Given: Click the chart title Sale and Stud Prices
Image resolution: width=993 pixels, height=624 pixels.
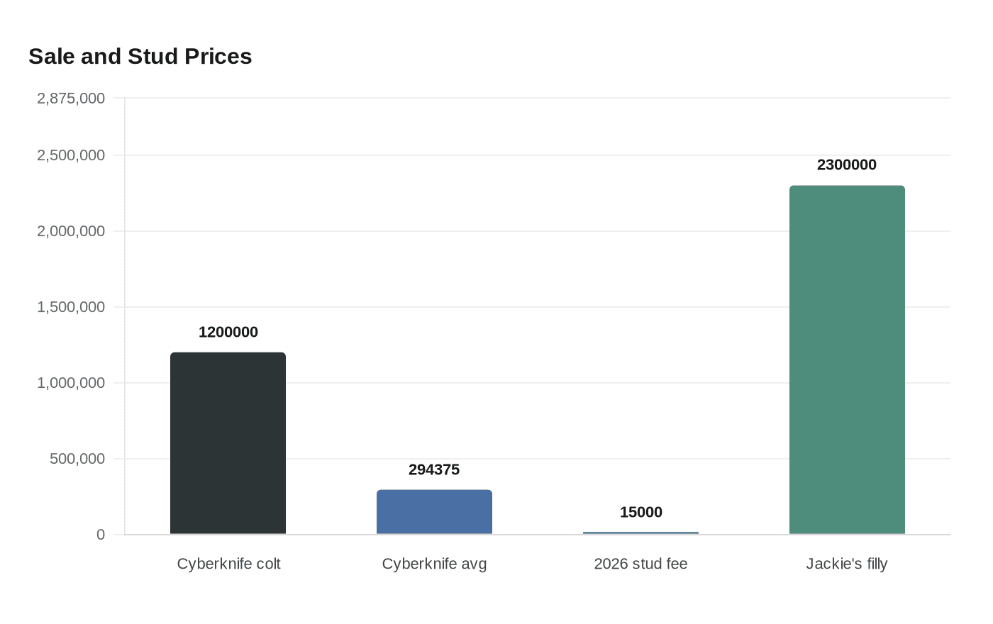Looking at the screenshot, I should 140,57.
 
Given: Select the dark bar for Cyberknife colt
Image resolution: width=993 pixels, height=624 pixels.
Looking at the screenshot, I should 228,443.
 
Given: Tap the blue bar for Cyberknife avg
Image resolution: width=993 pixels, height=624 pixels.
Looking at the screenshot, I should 434,512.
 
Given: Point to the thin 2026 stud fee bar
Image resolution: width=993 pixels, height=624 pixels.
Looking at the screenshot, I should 640,533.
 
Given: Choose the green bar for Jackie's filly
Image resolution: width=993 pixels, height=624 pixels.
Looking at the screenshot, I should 847,360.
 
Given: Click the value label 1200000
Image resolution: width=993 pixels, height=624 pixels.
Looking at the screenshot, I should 228,332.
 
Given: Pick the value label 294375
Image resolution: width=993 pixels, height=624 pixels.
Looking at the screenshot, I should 434,469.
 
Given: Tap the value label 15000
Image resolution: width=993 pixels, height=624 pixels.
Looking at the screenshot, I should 640,512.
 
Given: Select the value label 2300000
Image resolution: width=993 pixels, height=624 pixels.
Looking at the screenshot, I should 847,165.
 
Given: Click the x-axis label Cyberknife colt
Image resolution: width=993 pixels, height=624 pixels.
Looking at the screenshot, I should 228,564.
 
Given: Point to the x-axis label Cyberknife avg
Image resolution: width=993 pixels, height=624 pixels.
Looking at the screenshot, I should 434,564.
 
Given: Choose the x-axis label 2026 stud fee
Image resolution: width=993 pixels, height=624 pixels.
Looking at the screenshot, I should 640,564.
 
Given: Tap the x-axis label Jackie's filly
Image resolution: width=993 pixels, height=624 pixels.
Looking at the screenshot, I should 847,564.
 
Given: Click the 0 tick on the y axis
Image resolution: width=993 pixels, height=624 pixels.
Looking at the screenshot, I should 101,535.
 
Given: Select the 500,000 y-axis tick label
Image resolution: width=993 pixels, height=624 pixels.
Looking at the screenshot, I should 77,459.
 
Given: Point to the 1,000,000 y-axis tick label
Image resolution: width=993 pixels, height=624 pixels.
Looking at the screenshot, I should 71,383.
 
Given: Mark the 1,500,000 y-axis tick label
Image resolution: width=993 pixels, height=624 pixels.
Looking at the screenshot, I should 71,307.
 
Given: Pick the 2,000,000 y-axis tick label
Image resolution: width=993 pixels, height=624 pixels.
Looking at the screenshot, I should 71,231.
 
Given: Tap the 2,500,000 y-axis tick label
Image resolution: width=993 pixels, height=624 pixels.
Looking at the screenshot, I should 71,155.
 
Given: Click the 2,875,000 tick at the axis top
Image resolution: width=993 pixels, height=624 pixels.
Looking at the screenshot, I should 71,98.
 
